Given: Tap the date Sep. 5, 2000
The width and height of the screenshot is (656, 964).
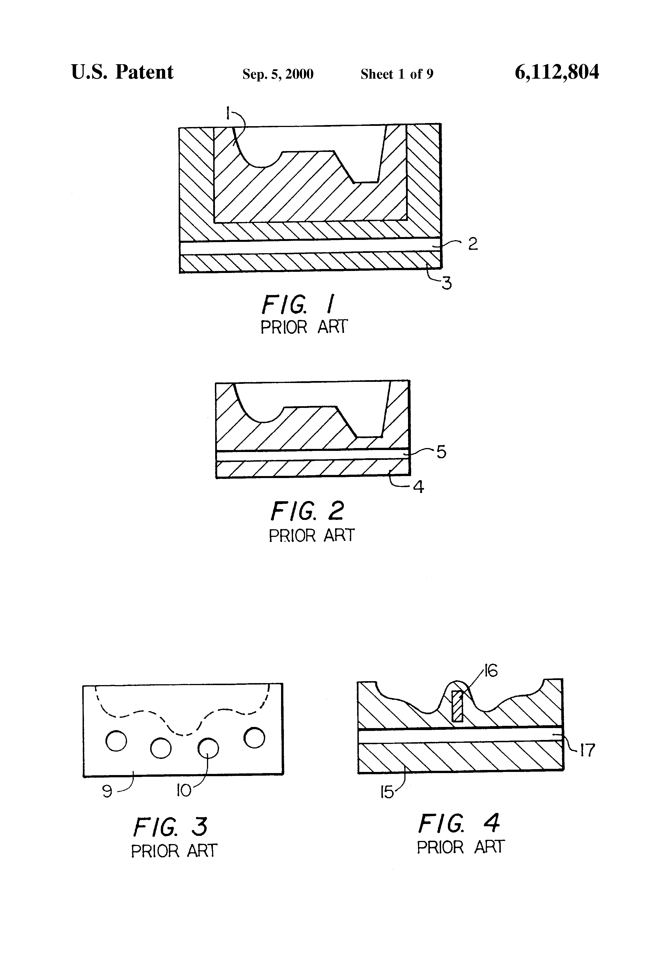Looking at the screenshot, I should (278, 74).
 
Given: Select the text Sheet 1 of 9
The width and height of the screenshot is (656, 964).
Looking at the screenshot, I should (397, 74).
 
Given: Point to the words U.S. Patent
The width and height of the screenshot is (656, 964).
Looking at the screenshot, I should (122, 72).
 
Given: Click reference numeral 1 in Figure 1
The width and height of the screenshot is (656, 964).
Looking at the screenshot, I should (228, 113).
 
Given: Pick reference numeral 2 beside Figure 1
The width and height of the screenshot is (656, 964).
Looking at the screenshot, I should (473, 244).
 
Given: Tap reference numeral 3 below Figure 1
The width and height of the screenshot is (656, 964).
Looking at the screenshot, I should (446, 284).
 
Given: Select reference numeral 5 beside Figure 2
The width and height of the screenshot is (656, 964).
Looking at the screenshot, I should (442, 452).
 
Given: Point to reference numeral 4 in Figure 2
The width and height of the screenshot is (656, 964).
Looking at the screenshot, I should (419, 487).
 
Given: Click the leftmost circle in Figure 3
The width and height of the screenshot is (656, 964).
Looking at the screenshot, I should (116, 741).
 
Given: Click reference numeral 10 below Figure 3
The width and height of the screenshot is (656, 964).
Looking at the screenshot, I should (184, 791).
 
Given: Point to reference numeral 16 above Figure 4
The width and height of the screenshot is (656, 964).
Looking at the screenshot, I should (491, 671).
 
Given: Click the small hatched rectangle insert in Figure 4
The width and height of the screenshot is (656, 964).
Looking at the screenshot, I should (457, 705).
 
